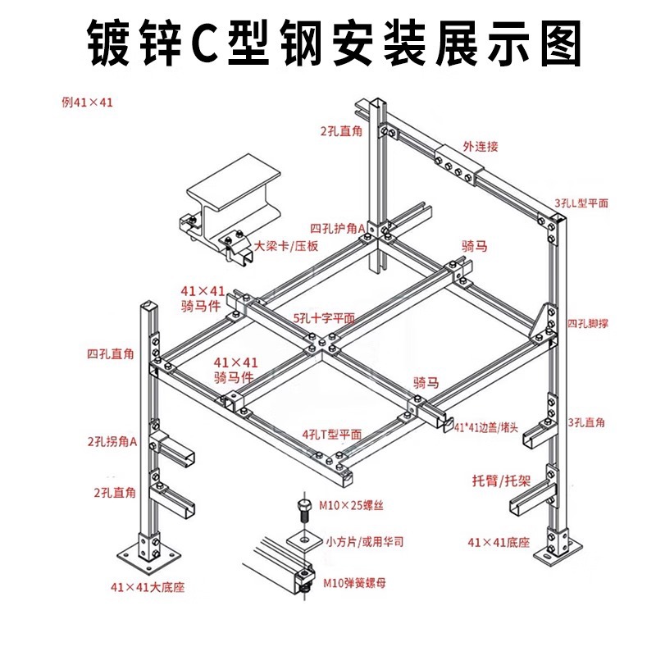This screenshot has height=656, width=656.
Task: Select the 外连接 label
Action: click(x=480, y=147)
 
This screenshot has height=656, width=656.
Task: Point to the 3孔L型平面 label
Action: click(x=581, y=203)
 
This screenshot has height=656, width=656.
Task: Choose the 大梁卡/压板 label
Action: click(x=285, y=246)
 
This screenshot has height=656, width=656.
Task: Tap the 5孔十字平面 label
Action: click(x=324, y=317)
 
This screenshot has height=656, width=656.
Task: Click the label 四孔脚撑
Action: click(x=587, y=323)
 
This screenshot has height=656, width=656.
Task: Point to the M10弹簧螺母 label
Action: click(x=355, y=583)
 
